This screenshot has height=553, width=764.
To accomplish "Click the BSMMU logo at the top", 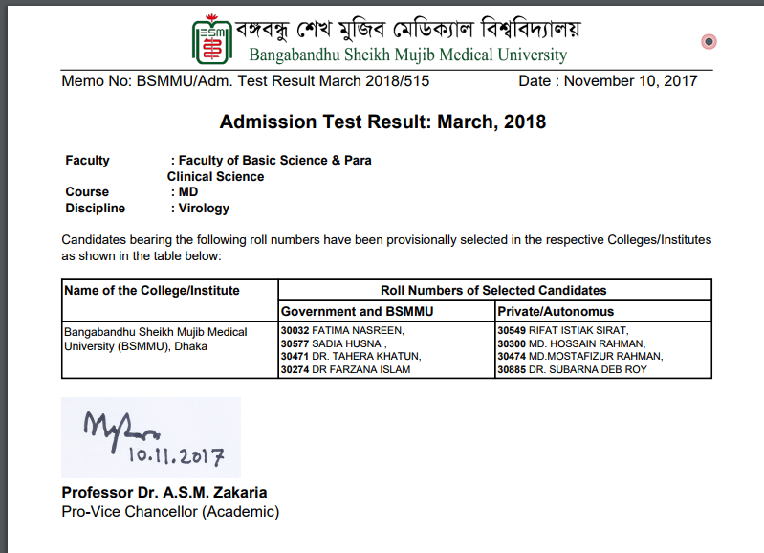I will tap(216, 39).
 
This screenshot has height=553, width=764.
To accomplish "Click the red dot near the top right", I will tap(709, 41).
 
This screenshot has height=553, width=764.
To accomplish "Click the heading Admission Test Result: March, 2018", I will tap(382, 122).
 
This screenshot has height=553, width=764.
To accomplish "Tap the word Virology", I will tap(204, 208).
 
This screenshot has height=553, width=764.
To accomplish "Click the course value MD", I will tap(188, 192).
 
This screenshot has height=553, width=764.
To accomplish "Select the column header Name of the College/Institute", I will tap(151, 290).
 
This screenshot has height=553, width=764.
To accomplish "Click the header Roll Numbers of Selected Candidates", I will tap(493, 290).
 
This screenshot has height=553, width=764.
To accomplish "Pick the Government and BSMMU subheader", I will tap(356, 311).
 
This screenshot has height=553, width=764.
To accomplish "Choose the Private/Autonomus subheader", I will tap(556, 311).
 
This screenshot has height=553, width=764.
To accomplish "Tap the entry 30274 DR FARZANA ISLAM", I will tap(345, 369).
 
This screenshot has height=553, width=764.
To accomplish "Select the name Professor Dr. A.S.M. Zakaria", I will tap(164, 493).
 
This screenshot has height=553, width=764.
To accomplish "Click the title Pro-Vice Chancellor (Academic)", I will tap(170, 512).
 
